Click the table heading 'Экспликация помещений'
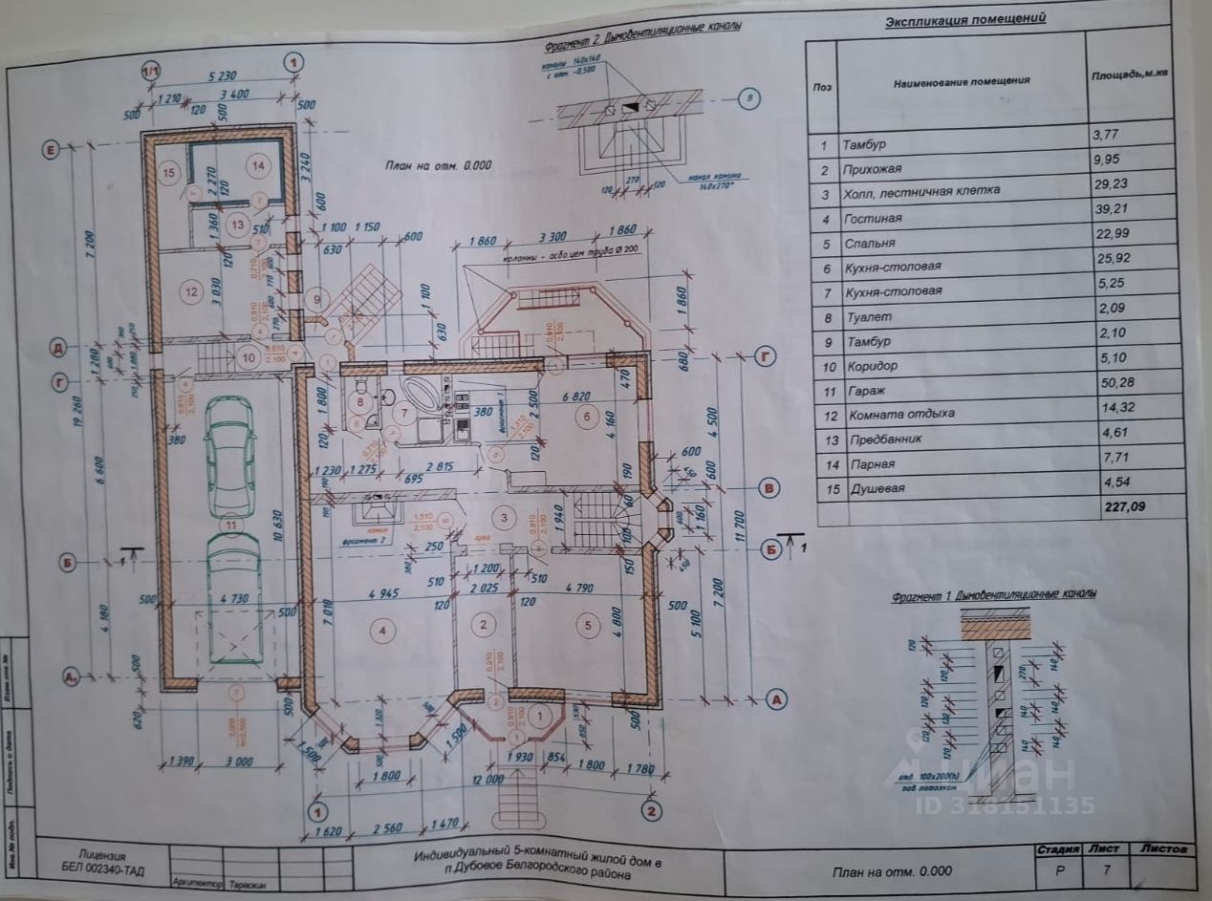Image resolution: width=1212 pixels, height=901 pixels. [964, 18]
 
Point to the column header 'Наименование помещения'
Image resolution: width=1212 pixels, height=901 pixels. [962, 81]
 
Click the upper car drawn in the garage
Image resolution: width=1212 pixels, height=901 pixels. [229, 456]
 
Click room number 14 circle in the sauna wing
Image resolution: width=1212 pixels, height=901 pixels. [258, 165]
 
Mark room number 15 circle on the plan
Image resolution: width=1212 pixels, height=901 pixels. [169, 173]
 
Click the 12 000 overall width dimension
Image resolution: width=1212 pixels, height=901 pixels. [487, 779]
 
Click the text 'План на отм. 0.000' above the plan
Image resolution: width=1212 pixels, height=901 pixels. [438, 164]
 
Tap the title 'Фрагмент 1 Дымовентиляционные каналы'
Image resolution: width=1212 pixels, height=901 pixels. [994, 594]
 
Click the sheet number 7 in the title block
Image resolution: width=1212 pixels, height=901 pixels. [1106, 871]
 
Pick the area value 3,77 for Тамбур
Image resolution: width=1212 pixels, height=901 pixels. [1108, 144]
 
